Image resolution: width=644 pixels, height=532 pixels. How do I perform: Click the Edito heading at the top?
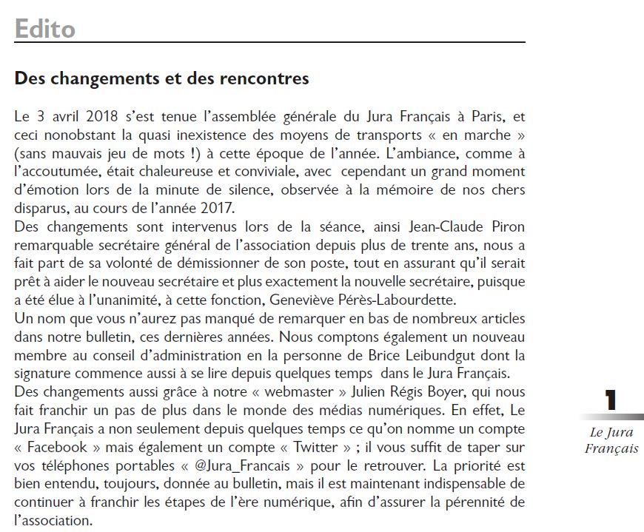point(45,29)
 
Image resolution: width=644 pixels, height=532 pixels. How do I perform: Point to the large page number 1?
point(611,400)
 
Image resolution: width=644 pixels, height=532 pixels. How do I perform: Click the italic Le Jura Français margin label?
point(611,441)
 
